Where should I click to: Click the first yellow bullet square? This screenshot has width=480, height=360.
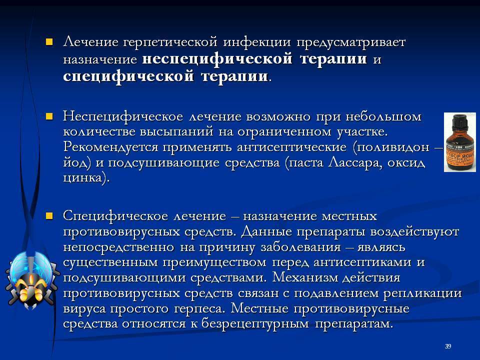click(49, 41)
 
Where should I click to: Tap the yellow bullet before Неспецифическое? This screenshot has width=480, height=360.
click(49, 116)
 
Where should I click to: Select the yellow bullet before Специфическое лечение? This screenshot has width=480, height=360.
click(49, 216)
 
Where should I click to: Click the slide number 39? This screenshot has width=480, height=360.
click(448, 346)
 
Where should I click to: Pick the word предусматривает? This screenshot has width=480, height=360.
click(350, 43)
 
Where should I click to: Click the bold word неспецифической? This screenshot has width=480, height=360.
click(218, 59)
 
